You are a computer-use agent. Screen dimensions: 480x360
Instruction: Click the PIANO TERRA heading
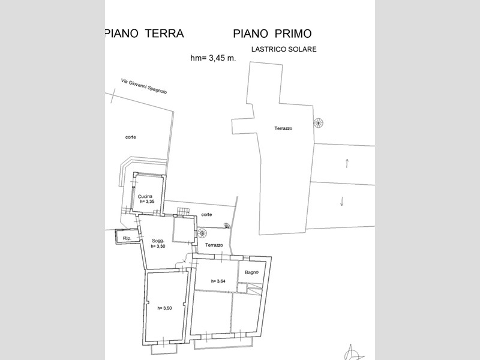tap(145, 33)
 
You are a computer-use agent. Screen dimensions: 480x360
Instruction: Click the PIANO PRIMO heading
tap(272, 34)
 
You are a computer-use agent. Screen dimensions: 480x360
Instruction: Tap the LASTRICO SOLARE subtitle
tap(284, 49)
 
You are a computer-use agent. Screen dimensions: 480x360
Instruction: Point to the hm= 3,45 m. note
tap(213, 58)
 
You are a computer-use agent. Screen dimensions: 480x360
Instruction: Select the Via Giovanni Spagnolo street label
tap(144, 86)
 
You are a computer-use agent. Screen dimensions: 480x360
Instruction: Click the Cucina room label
tap(145, 196)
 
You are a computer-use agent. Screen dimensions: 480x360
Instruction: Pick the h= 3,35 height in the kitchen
tap(147, 202)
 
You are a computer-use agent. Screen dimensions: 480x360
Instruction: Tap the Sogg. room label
tap(158, 241)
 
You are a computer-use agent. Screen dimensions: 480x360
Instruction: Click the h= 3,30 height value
tap(158, 246)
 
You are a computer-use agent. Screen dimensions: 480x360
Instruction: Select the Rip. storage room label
tap(127, 238)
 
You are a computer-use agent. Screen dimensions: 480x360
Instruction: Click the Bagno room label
tap(251, 272)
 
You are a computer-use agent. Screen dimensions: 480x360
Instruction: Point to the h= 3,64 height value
tap(218, 281)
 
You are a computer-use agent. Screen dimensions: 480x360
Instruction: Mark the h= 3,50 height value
tap(164, 308)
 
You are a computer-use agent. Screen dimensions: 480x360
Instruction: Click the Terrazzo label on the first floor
tap(283, 128)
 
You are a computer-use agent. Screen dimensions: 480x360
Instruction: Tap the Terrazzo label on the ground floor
tap(214, 245)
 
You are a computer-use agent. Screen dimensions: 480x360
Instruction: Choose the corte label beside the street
tap(130, 137)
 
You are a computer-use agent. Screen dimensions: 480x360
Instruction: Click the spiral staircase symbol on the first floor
tap(319, 123)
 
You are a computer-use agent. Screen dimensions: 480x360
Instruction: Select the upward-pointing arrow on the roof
tap(347, 163)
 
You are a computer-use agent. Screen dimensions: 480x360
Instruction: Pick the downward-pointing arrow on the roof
tap(342, 201)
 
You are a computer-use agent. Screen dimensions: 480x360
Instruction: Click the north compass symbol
tap(353, 353)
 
